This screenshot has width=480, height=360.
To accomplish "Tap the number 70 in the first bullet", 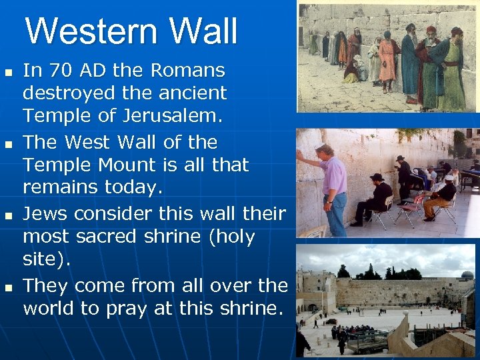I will point(55,70).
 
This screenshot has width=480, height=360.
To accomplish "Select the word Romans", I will point(189,70).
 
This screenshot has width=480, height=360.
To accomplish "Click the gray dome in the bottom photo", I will point(467,275).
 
